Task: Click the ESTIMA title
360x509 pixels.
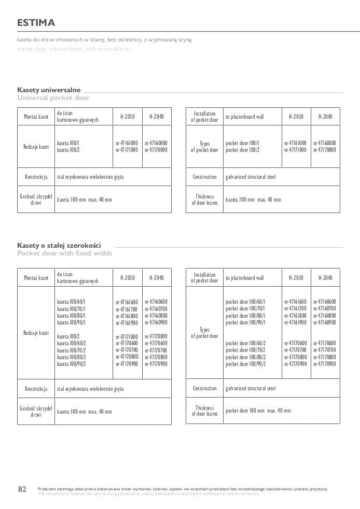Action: (36, 23)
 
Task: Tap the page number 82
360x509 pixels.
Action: (22, 489)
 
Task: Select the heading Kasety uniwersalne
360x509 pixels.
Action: (49, 90)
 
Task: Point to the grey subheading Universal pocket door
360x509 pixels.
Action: (53, 97)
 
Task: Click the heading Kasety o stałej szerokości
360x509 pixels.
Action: (59, 245)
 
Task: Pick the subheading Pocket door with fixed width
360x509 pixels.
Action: (64, 253)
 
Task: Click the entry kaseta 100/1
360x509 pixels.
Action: (68, 143)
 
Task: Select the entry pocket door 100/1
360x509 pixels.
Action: (243, 143)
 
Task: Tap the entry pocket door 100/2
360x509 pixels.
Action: (243, 150)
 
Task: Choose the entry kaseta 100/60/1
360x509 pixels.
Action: (71, 302)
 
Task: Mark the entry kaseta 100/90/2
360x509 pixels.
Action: (71, 364)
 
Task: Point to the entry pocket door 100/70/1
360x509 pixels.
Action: (246, 308)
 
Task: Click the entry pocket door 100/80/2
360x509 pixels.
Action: (246, 357)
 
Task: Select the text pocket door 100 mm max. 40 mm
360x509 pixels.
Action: (258, 411)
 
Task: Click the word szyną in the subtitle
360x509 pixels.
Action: (185, 39)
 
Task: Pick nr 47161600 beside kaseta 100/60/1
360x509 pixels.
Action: (127, 302)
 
